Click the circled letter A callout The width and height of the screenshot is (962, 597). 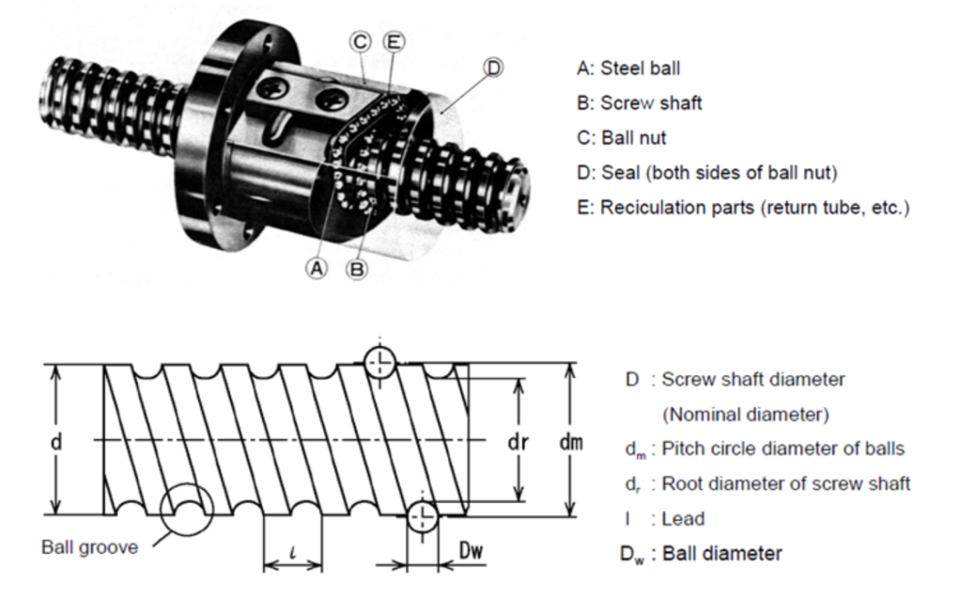[318, 267]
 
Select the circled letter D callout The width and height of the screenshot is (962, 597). [494, 67]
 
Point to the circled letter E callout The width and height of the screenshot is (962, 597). [394, 41]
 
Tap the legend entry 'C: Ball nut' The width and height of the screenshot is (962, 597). [621, 137]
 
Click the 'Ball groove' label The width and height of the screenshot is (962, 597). [88, 547]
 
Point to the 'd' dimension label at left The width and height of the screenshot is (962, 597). [55, 441]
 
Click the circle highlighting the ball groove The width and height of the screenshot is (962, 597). [187, 511]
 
